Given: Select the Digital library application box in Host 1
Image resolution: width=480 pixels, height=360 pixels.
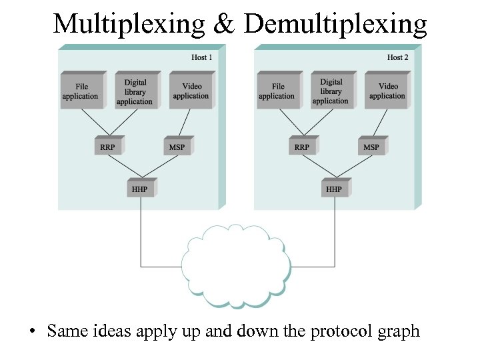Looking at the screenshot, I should (135, 91).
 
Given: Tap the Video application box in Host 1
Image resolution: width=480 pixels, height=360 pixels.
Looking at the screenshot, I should (191, 91).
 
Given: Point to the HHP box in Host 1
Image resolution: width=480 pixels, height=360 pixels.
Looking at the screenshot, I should (141, 189).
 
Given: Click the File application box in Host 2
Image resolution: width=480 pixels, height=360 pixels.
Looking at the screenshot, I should (277, 91).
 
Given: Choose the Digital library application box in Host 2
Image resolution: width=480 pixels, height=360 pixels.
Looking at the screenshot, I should (331, 91).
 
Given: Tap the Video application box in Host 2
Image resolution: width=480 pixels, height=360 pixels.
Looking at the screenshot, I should (387, 91).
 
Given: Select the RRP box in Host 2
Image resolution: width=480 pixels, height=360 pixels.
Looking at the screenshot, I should (302, 147).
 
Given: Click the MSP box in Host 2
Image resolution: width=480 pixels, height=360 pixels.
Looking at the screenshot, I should (372, 147).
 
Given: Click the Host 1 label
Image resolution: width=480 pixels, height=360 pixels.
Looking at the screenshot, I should (201, 57).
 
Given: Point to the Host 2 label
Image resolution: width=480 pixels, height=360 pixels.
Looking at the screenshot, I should (397, 57).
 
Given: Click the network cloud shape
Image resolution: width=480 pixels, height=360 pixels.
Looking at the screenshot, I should (236, 265).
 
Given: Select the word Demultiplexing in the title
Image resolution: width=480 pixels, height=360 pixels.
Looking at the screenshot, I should (335, 24).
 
